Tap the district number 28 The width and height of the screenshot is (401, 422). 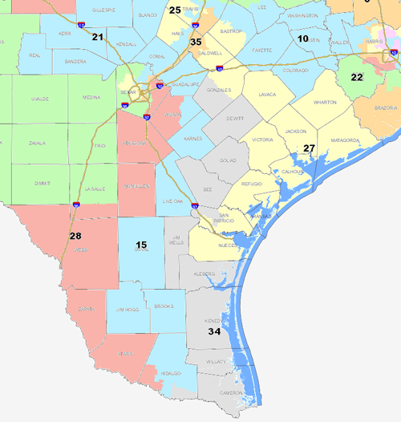[x=75, y=236]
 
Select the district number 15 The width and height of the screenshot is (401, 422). [x=141, y=245]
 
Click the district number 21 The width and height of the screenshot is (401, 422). [x=98, y=37]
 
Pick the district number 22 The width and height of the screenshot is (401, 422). [x=357, y=77]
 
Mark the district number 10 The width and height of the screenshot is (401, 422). [x=303, y=39]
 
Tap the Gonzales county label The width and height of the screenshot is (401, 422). [x=218, y=91]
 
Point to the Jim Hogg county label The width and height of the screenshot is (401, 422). [x=128, y=309]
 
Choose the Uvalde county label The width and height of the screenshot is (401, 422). [x=26, y=116]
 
